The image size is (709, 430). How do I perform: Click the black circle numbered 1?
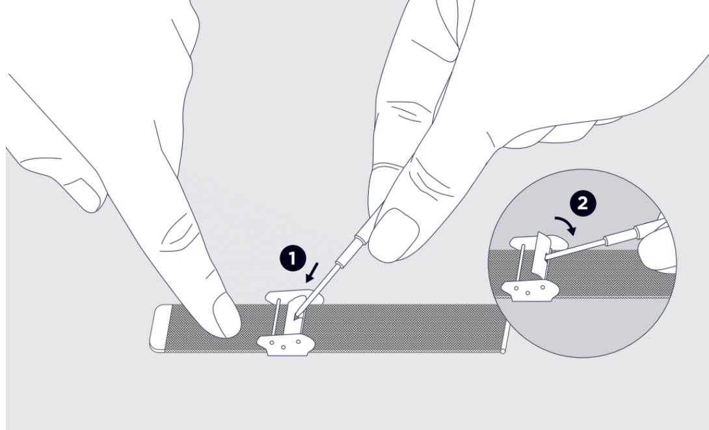pos(293,259)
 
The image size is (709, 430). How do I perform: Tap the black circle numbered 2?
pos(583,203)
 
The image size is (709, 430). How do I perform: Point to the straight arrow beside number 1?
pos(312,272)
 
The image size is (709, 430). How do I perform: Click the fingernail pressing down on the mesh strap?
pos(226,315)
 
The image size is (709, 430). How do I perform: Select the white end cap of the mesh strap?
pos(158,328)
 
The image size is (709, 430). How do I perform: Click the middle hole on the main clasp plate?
pos(283,347)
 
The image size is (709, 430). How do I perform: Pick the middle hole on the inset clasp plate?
pos(528,293)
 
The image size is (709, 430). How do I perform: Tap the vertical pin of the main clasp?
pos(276,318)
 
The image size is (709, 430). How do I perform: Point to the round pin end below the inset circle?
pos(503,351)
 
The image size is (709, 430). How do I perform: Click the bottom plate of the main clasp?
pos(286,345)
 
